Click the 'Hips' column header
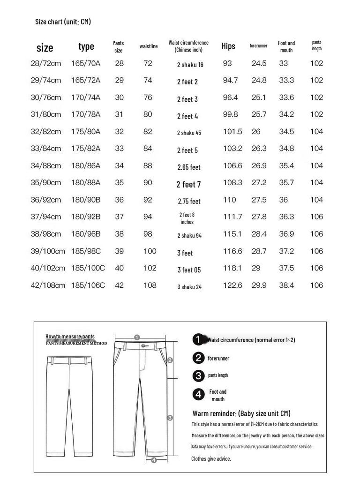pos(228,46)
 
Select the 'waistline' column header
pos(149,46)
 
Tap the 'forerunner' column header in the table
pos(258,46)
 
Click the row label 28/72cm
pos(45,63)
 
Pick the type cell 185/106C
pos(88,285)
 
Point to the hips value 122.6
pos(232,285)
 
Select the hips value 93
pos(227,63)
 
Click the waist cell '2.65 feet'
pos(189,167)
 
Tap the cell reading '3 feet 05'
pos(189,270)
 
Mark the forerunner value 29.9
pos(259,285)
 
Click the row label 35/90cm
pos(45,183)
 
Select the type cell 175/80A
pos(86,132)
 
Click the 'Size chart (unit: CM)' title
pos(63,22)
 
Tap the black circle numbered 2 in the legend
pos(199,358)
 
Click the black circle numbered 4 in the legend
pos(199,395)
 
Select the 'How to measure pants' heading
pos(70,337)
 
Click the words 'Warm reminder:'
pos(214,413)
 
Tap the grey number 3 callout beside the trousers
pos(170,418)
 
